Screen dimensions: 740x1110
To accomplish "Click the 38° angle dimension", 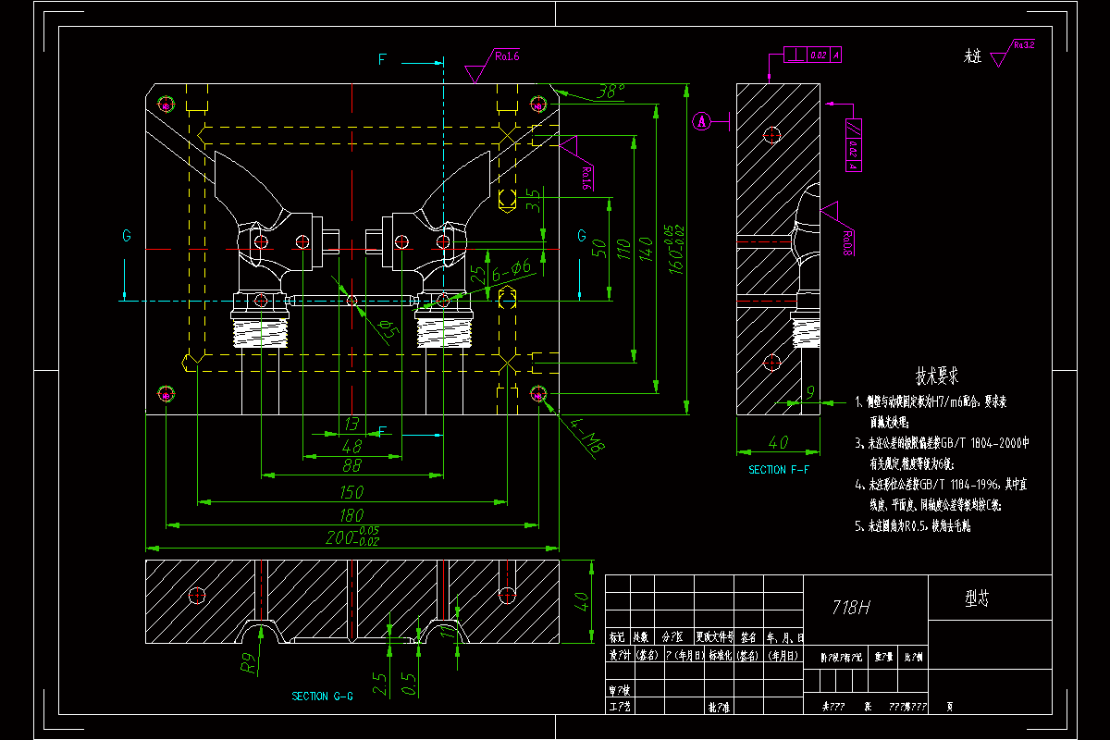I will tap(610, 92).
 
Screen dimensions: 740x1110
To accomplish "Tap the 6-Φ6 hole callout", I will tap(512, 269).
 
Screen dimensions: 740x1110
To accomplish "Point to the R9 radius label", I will tap(247, 662).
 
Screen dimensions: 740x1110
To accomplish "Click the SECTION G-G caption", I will tap(322, 696).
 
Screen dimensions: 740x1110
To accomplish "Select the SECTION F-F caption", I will tap(778, 470).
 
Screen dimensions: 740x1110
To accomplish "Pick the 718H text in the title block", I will tap(852, 607).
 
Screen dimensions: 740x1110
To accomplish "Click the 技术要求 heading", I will tap(936, 376).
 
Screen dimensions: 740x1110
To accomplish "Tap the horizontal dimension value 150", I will tap(351, 492).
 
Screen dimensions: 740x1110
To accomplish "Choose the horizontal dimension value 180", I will tap(351, 514).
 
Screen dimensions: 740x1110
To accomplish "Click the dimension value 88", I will tap(351, 466).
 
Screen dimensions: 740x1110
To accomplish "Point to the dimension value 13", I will tap(351, 424).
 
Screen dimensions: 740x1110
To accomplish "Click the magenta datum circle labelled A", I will tap(702, 121).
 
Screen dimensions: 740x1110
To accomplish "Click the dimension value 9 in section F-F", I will tap(809, 393).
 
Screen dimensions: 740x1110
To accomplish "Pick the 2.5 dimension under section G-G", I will tap(380, 683).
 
